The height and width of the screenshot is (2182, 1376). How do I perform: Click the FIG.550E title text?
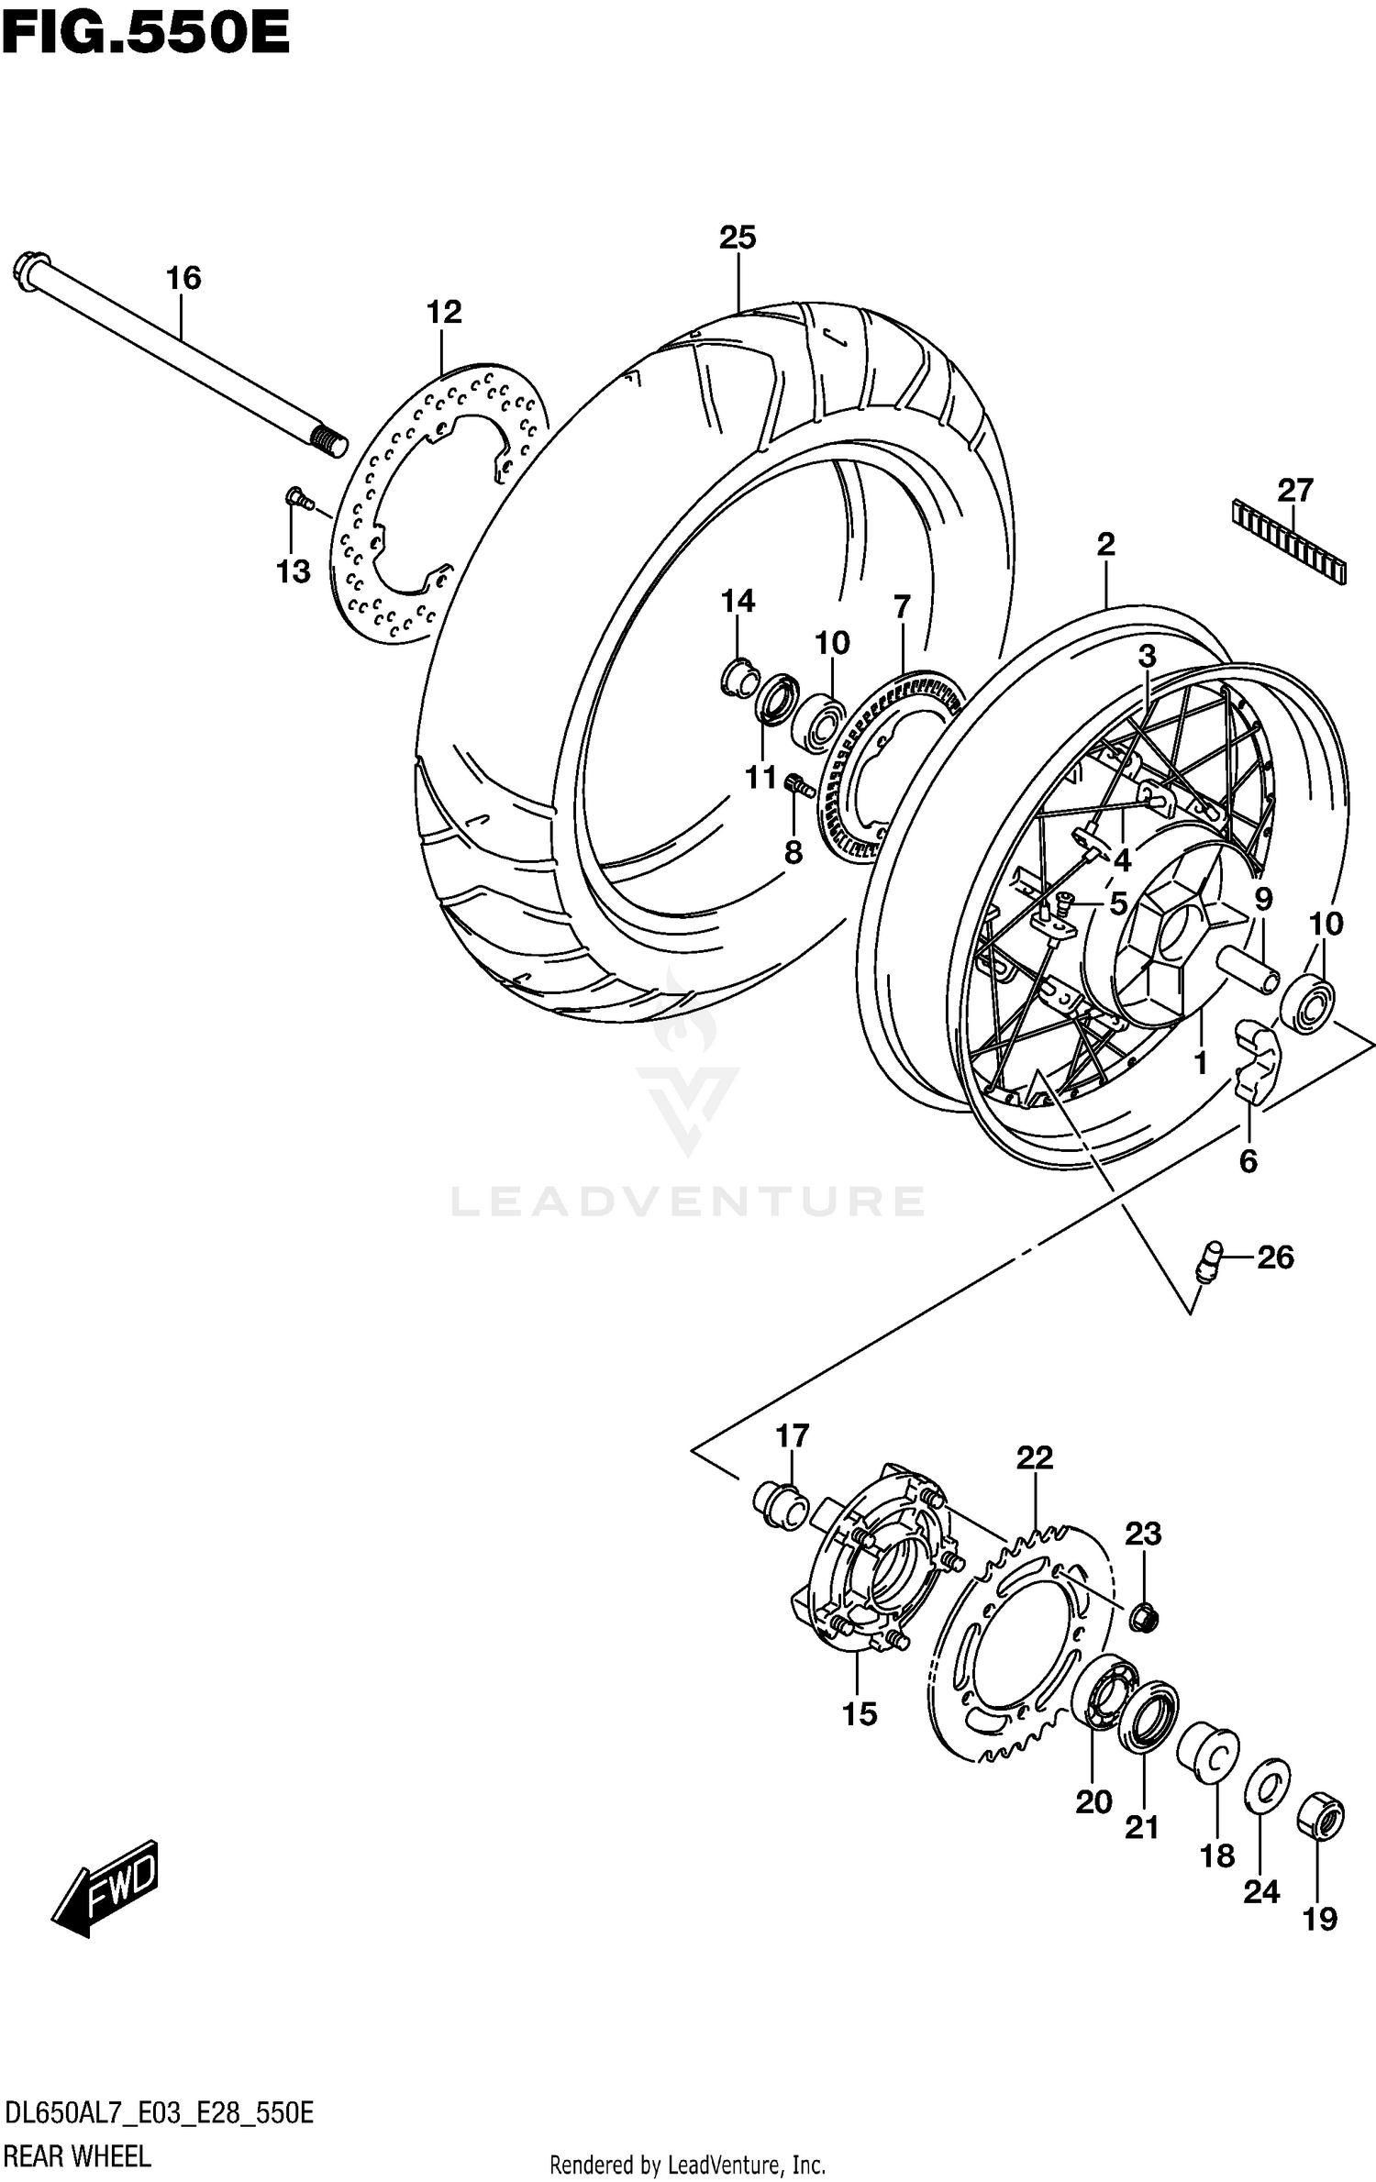tap(145, 35)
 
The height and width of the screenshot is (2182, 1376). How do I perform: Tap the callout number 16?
tap(183, 278)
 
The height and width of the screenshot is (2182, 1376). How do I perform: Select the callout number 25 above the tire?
tap(738, 238)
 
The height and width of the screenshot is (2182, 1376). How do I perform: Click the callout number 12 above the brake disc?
tap(444, 312)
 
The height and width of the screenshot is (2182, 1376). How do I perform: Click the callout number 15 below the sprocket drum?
tap(860, 1713)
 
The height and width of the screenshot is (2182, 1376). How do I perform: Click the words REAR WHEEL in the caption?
tap(77, 2155)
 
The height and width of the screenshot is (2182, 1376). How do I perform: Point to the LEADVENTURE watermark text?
tap(688, 1202)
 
